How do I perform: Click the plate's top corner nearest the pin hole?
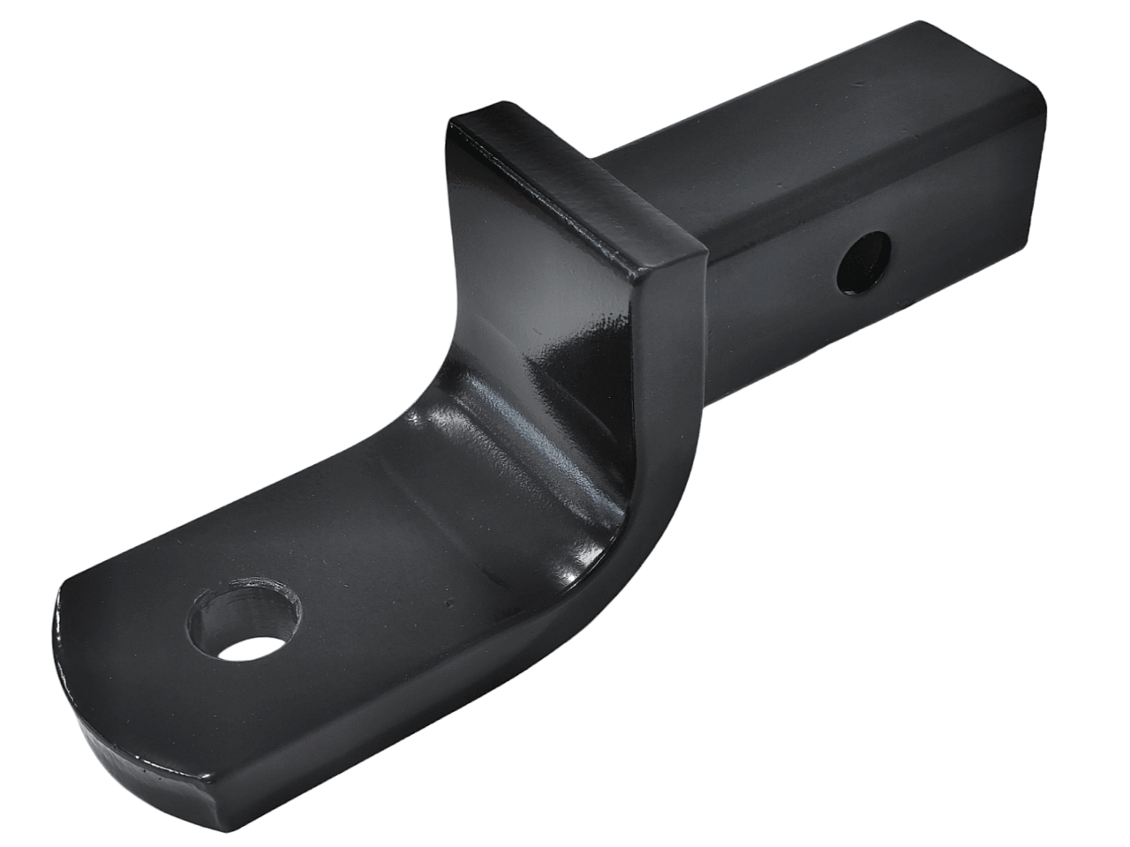point(702,251)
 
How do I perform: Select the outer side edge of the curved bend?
point(653,494)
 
